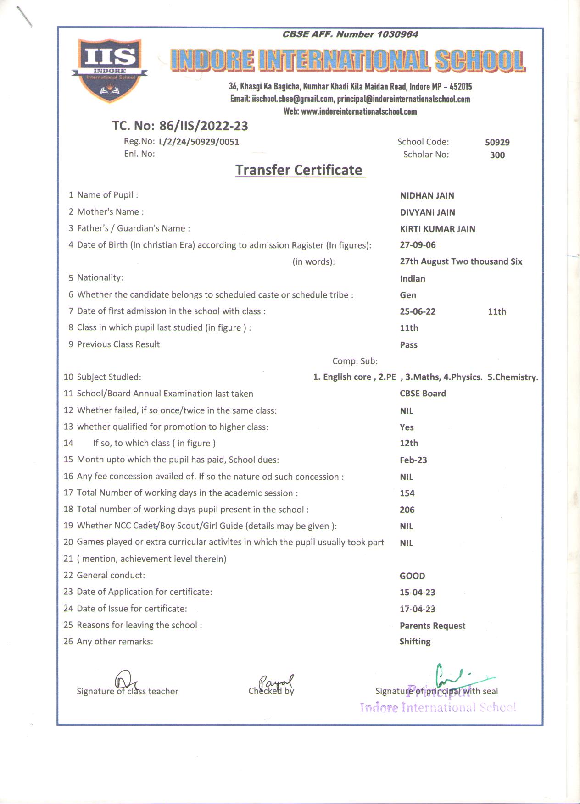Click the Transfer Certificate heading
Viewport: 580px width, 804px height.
[x=299, y=170]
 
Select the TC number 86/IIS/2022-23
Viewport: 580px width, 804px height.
[x=203, y=126]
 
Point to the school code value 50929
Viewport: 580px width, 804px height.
[x=497, y=143]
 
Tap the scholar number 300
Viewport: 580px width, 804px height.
[x=497, y=155]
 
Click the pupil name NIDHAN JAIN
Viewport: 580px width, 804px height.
[x=427, y=195]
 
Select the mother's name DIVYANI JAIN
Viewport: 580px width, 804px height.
[x=427, y=212]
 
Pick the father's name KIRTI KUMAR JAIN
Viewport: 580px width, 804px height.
[x=437, y=229]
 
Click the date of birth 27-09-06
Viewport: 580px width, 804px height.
[x=418, y=245]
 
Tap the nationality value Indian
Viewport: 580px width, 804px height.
[x=412, y=278]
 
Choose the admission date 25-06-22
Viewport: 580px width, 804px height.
[x=418, y=311]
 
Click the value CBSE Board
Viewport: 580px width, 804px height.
[x=423, y=394]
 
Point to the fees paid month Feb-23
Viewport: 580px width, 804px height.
[x=413, y=460]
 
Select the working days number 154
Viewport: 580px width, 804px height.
[x=407, y=493]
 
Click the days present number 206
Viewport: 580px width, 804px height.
[x=407, y=510]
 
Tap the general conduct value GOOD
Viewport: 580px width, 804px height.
[x=412, y=576]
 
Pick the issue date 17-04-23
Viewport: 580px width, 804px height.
[x=417, y=609]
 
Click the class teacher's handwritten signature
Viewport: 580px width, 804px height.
[x=126, y=681]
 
